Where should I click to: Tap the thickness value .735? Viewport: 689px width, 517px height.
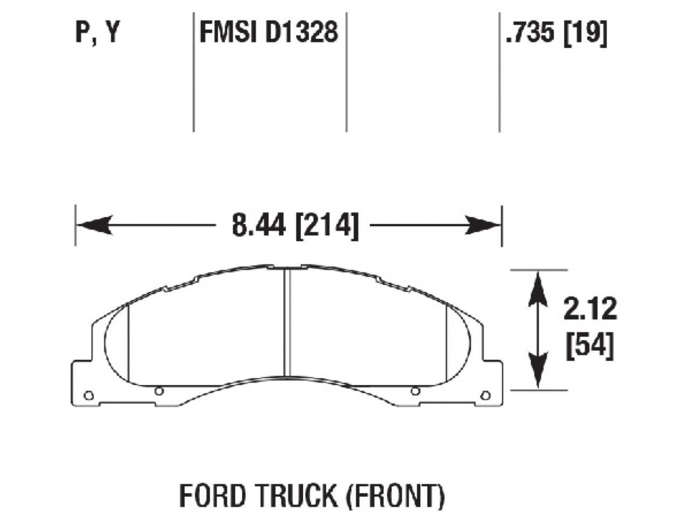click(530, 33)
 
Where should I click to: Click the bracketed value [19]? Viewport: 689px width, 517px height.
click(585, 33)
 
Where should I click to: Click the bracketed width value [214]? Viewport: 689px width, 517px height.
click(327, 225)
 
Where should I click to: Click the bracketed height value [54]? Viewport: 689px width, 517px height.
click(590, 346)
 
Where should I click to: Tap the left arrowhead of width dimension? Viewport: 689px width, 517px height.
click(95, 225)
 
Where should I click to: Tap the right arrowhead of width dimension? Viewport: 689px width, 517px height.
click(482, 225)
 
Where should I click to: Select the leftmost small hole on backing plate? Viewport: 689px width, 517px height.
click(89, 396)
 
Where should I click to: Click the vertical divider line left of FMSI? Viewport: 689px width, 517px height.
click(193, 70)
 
